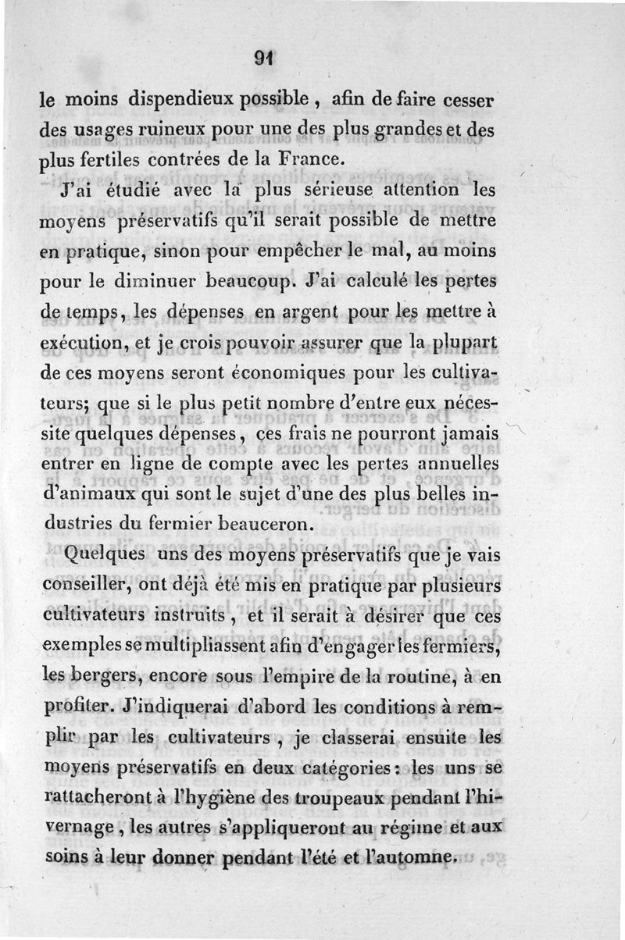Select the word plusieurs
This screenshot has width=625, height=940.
click(449, 585)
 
